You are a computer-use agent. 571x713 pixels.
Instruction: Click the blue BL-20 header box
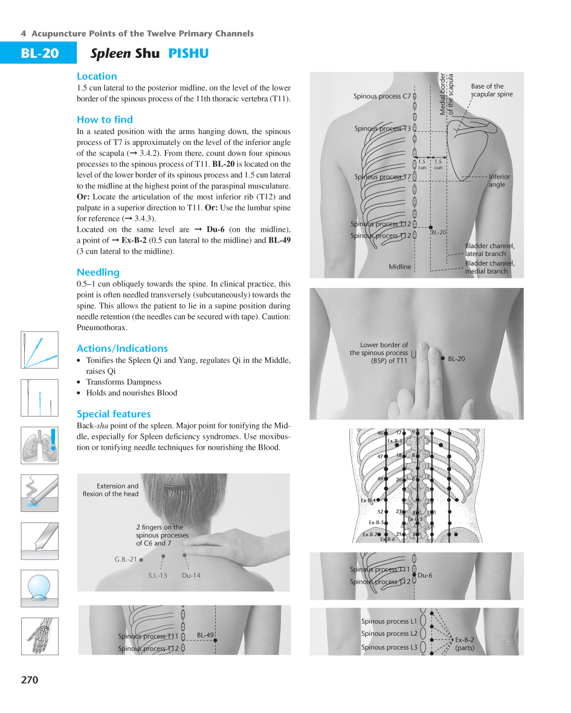(x=39, y=54)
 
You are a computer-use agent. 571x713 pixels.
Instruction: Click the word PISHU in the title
(x=189, y=54)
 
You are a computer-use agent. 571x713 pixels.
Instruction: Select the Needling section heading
(x=98, y=272)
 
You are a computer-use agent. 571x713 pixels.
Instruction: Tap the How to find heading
(x=105, y=120)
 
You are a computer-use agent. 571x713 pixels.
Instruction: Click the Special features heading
(x=114, y=414)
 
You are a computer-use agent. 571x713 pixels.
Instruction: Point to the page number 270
(x=29, y=680)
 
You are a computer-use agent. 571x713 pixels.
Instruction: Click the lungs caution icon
(x=39, y=446)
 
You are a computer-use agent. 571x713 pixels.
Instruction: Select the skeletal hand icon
(x=39, y=636)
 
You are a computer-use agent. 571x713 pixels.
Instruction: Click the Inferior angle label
(x=499, y=181)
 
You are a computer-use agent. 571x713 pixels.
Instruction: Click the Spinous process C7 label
(x=382, y=96)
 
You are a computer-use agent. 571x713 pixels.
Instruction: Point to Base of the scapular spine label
(x=491, y=90)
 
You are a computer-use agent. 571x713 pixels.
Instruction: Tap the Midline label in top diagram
(x=399, y=266)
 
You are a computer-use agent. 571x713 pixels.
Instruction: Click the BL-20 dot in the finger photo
(x=444, y=359)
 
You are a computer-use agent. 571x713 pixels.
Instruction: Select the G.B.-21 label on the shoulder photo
(x=126, y=560)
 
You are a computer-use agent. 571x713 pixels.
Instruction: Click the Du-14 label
(x=191, y=575)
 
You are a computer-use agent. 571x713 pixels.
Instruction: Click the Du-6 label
(x=425, y=575)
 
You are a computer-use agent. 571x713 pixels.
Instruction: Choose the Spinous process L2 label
(x=389, y=634)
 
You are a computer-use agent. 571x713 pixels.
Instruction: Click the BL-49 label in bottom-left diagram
(x=205, y=635)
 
